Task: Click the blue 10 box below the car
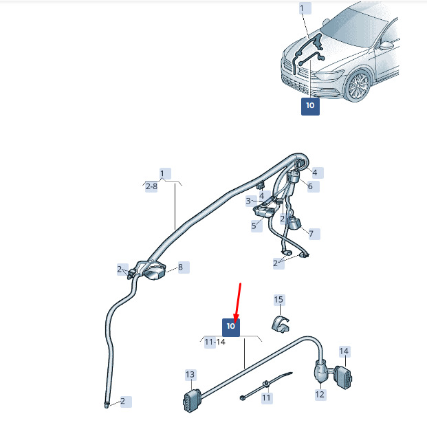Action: point(310,107)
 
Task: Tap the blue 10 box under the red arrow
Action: point(231,327)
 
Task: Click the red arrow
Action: point(237,303)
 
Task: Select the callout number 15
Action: point(278,300)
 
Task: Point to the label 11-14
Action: point(215,342)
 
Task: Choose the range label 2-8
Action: point(151,186)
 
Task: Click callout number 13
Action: point(190,374)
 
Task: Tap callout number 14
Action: point(344,351)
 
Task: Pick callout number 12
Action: point(320,394)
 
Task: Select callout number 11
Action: point(267,397)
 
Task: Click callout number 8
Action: point(181,268)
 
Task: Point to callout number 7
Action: point(311,234)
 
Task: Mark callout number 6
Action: point(310,186)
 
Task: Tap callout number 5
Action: point(254,226)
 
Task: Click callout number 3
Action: point(248,201)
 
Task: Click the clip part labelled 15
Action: point(280,325)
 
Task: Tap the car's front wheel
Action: point(358,85)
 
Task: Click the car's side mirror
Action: point(386,45)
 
